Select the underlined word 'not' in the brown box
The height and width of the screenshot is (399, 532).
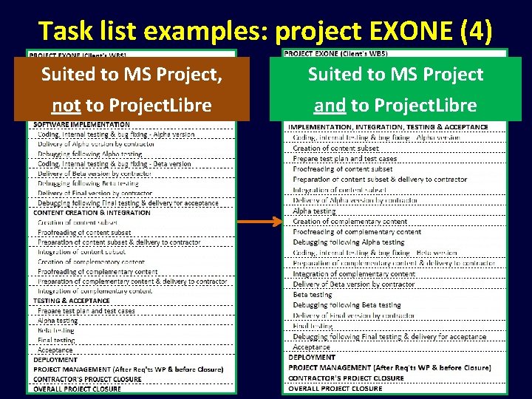tap(66, 106)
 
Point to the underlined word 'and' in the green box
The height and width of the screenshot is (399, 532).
tap(330, 106)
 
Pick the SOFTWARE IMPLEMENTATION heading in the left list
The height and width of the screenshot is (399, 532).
tap(82, 125)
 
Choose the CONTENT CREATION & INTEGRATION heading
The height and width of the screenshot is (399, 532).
tap(92, 213)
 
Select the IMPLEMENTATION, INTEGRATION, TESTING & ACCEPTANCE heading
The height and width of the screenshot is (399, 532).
tap(388, 127)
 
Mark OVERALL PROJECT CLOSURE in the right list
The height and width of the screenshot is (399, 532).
tap(335, 388)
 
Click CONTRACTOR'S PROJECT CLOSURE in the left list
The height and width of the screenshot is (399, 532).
tap(87, 379)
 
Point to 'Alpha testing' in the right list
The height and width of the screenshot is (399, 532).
tap(314, 211)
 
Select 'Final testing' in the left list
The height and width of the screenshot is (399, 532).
tap(56, 341)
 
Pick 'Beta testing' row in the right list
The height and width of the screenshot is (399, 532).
tap(313, 294)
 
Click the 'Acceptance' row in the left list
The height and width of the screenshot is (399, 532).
tap(55, 350)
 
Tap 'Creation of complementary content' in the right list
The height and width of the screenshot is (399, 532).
tap(349, 221)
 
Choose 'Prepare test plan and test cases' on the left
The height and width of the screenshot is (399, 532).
tap(86, 311)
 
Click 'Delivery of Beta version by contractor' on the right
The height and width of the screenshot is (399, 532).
tap(354, 284)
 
